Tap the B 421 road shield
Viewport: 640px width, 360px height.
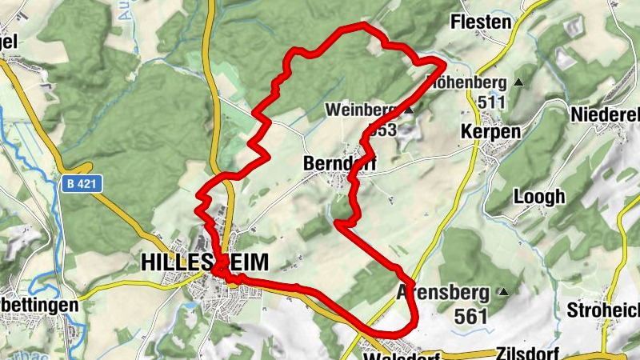coord(78,184)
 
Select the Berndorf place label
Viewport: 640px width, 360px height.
coord(339,163)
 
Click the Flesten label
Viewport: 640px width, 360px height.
coord(480,22)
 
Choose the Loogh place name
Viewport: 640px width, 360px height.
coord(539,196)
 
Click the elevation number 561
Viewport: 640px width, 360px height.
coord(470,316)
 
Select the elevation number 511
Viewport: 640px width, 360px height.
coord(491,102)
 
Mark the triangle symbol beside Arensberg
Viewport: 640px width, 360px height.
coord(503,292)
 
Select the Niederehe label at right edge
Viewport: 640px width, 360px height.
coord(606,115)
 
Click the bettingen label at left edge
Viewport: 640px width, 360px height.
coord(39,306)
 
